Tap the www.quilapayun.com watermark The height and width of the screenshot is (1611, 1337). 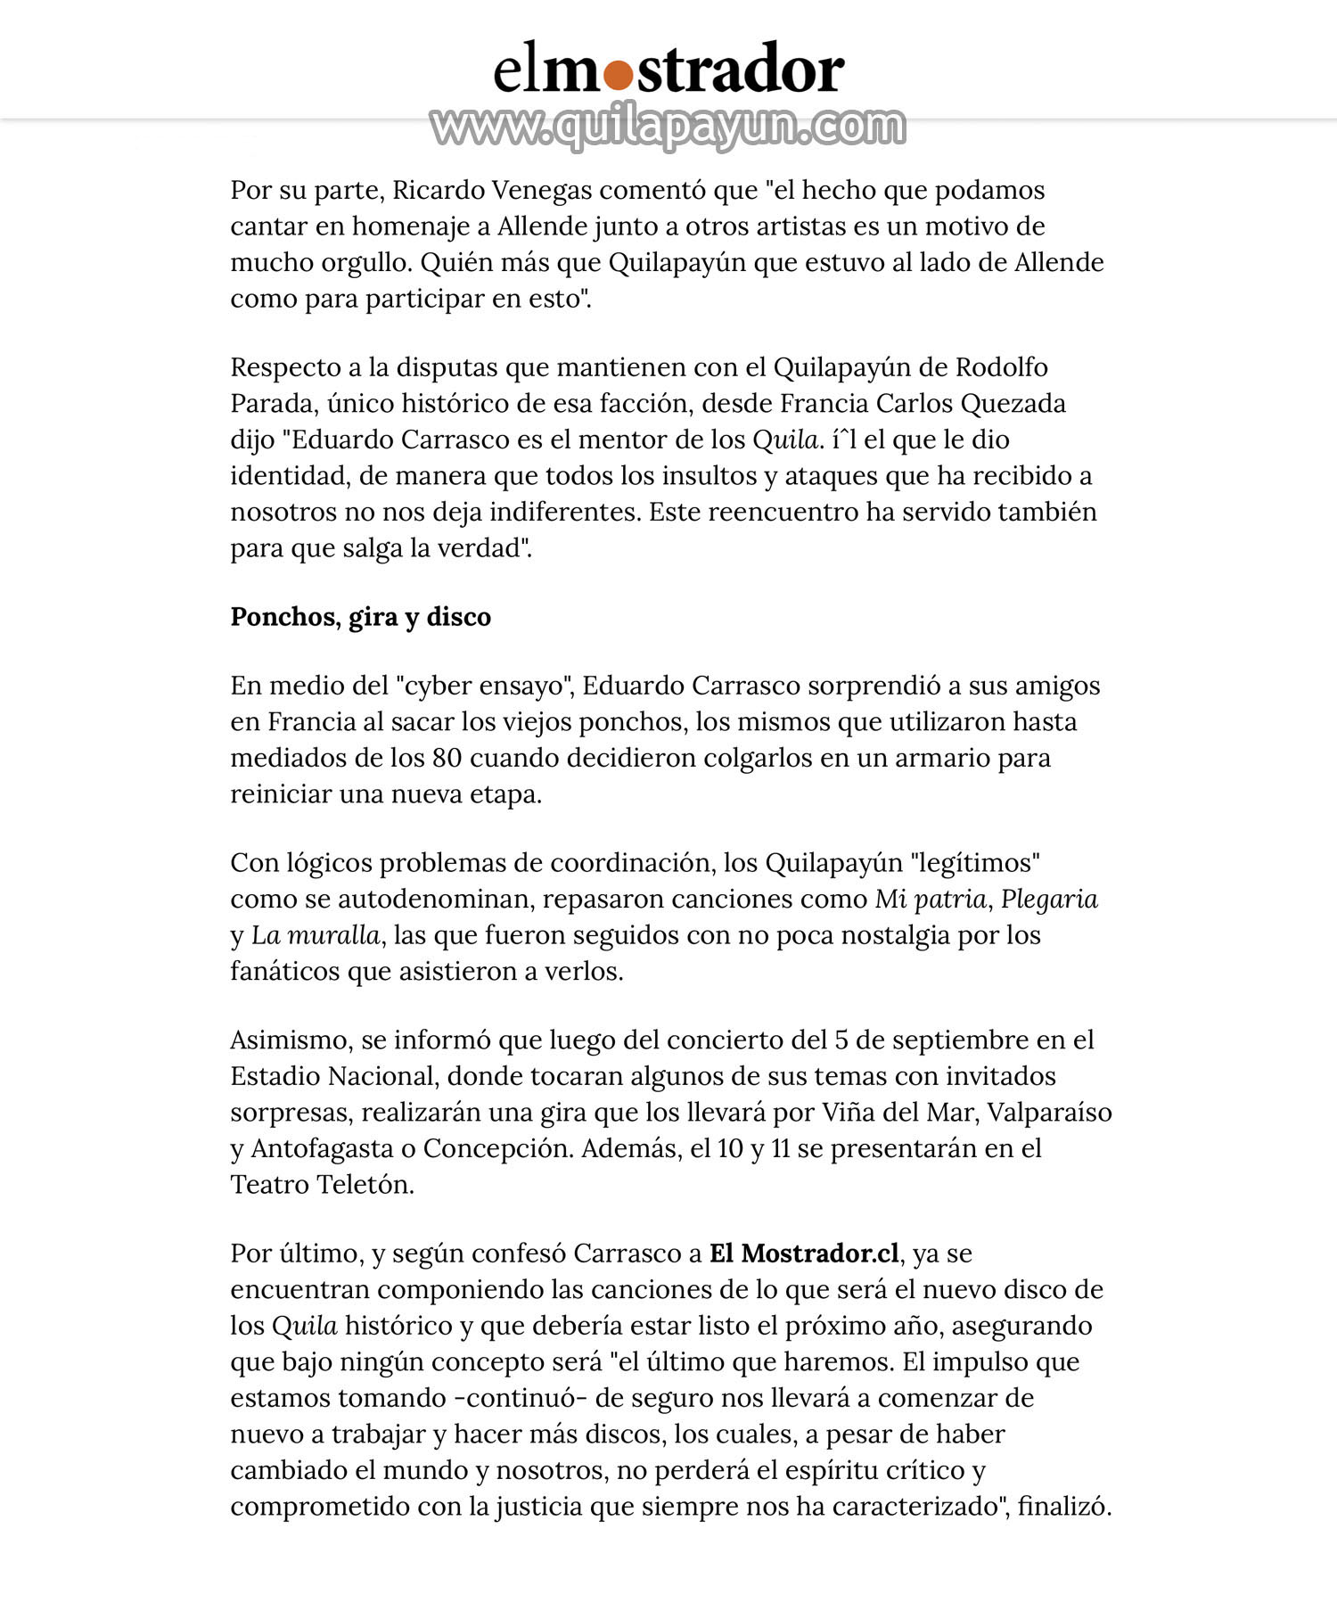668,127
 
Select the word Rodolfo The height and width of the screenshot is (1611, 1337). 1002,367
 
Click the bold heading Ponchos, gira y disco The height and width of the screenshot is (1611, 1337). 360,617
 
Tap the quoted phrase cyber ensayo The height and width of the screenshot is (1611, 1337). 482,686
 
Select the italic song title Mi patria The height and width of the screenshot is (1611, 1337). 931,899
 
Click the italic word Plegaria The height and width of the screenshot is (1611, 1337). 1049,899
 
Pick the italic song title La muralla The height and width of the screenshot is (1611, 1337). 316,935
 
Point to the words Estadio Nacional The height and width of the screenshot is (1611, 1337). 332,1076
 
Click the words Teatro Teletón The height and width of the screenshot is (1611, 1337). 322,1185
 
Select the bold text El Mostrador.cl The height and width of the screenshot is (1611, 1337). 804,1253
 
